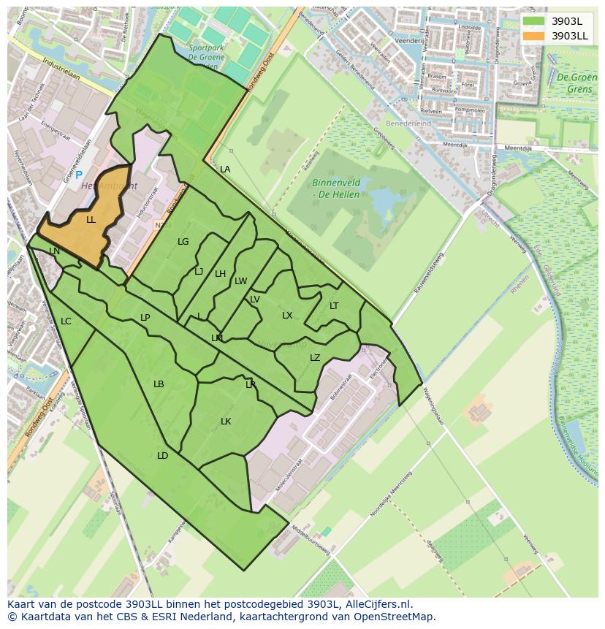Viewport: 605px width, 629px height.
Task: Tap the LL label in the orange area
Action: [x=91, y=220]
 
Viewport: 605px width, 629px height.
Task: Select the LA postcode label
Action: [x=225, y=169]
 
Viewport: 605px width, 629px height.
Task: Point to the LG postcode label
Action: [x=183, y=242]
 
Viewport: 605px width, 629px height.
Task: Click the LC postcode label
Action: [x=66, y=321]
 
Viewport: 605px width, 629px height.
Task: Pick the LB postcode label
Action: [x=159, y=384]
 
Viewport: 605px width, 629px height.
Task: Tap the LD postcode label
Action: [x=162, y=456]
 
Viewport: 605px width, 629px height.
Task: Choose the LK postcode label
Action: [x=226, y=422]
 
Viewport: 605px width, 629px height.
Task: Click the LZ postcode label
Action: [x=315, y=358]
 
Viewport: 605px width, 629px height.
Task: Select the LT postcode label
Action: [x=334, y=306]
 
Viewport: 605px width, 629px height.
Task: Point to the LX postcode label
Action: [x=287, y=316]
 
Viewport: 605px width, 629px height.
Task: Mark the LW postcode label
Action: [x=241, y=281]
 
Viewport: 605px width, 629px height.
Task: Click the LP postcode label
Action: [x=145, y=318]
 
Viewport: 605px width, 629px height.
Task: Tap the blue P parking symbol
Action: [x=79, y=175]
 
